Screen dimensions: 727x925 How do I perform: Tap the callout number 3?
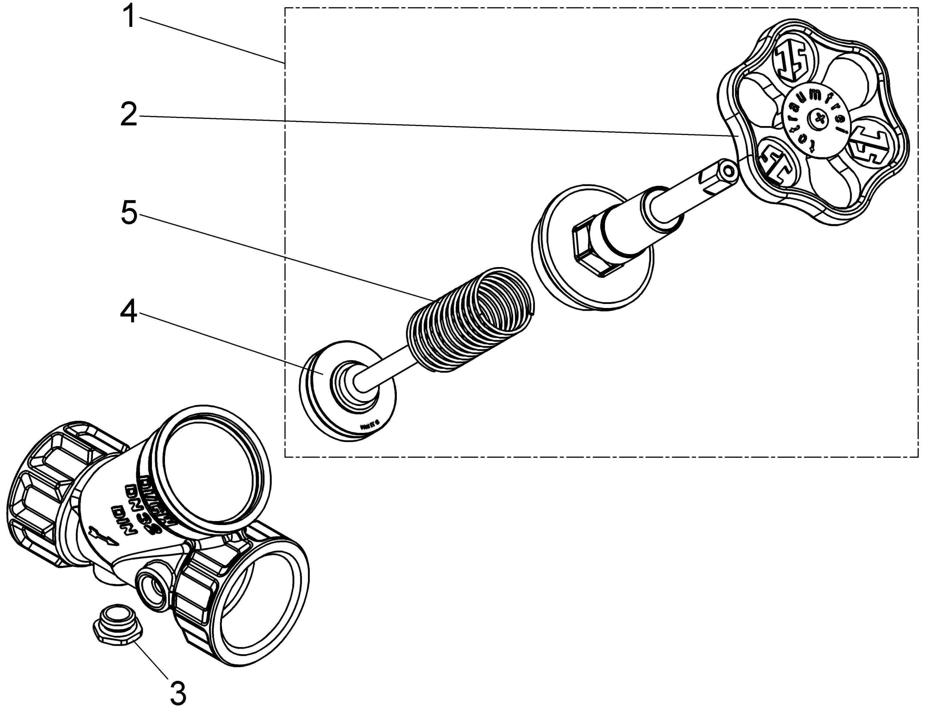[x=178, y=693]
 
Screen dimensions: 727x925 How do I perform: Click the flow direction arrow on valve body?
[x=102, y=537]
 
